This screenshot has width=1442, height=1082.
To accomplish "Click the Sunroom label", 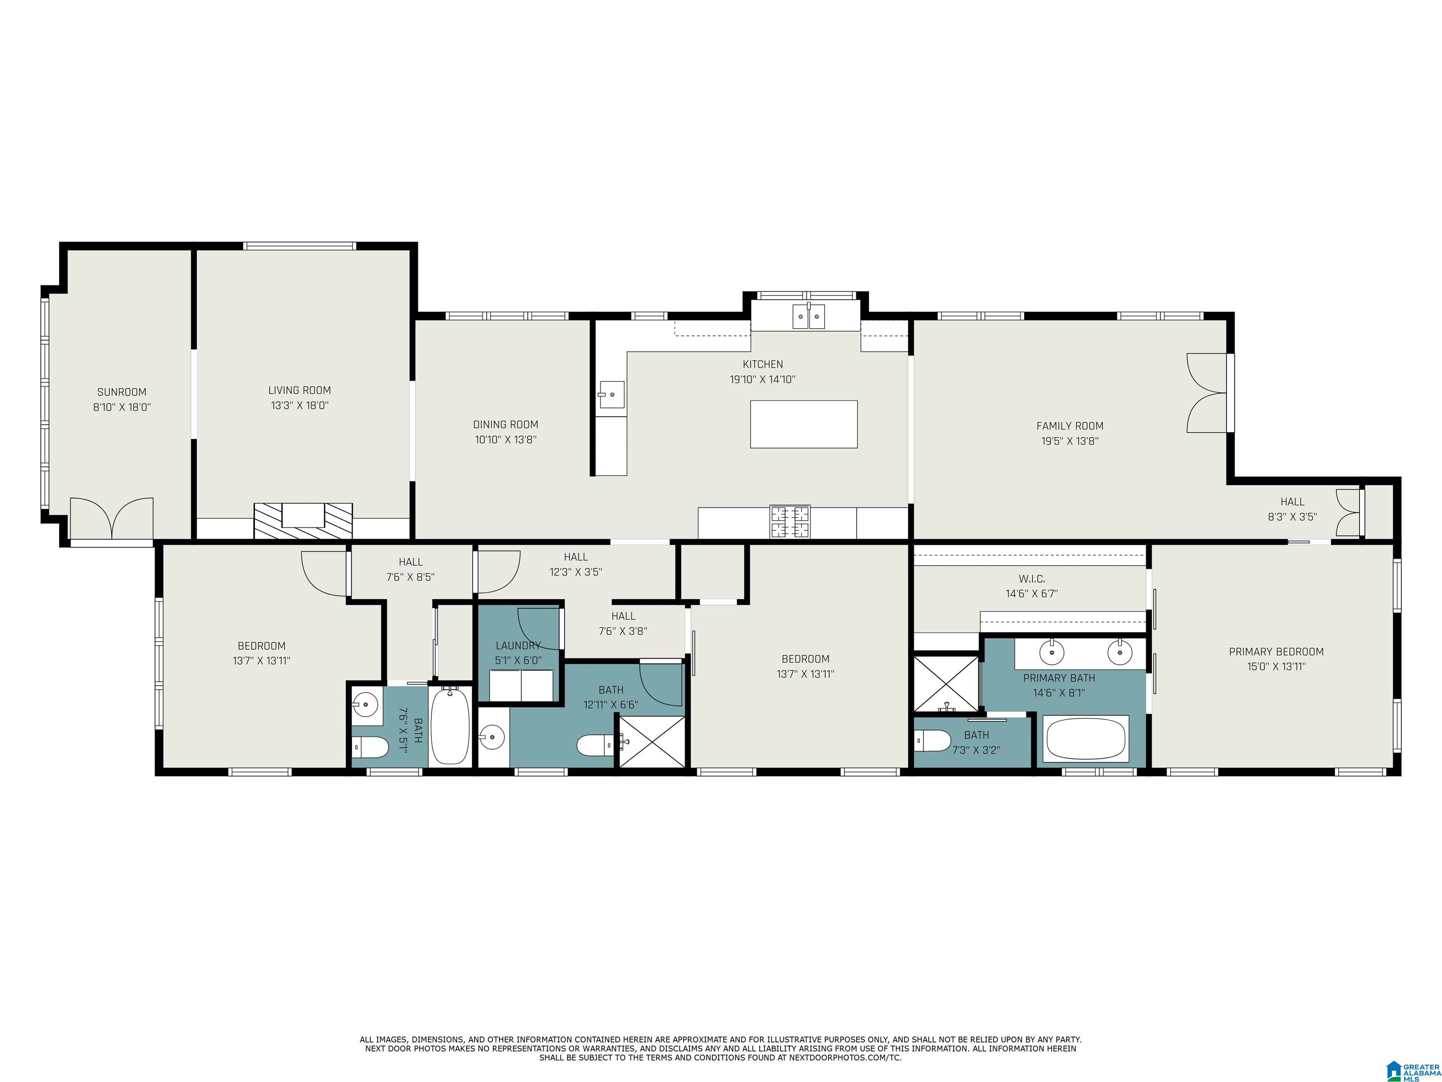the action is (x=122, y=392).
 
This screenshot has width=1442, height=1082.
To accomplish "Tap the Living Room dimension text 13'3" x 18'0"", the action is (x=300, y=405).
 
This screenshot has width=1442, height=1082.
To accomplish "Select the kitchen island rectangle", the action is (x=803, y=424).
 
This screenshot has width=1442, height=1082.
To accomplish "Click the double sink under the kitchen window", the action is (x=808, y=317).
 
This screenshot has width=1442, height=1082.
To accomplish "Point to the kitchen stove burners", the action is (x=790, y=522).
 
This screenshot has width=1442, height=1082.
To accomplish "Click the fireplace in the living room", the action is (x=303, y=521).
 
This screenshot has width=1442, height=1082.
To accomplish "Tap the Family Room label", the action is (x=1070, y=426).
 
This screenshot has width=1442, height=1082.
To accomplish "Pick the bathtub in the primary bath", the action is (x=1086, y=738).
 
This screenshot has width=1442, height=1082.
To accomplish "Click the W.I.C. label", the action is (x=1032, y=579).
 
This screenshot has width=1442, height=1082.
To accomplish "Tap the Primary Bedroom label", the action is (x=1276, y=651).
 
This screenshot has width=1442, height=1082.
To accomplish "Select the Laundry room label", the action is (x=518, y=646).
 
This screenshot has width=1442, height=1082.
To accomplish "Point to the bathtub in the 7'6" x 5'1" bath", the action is (x=450, y=725).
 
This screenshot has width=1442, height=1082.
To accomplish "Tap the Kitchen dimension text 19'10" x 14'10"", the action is (x=763, y=379).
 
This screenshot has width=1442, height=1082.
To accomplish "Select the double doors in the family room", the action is (x=1207, y=393).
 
